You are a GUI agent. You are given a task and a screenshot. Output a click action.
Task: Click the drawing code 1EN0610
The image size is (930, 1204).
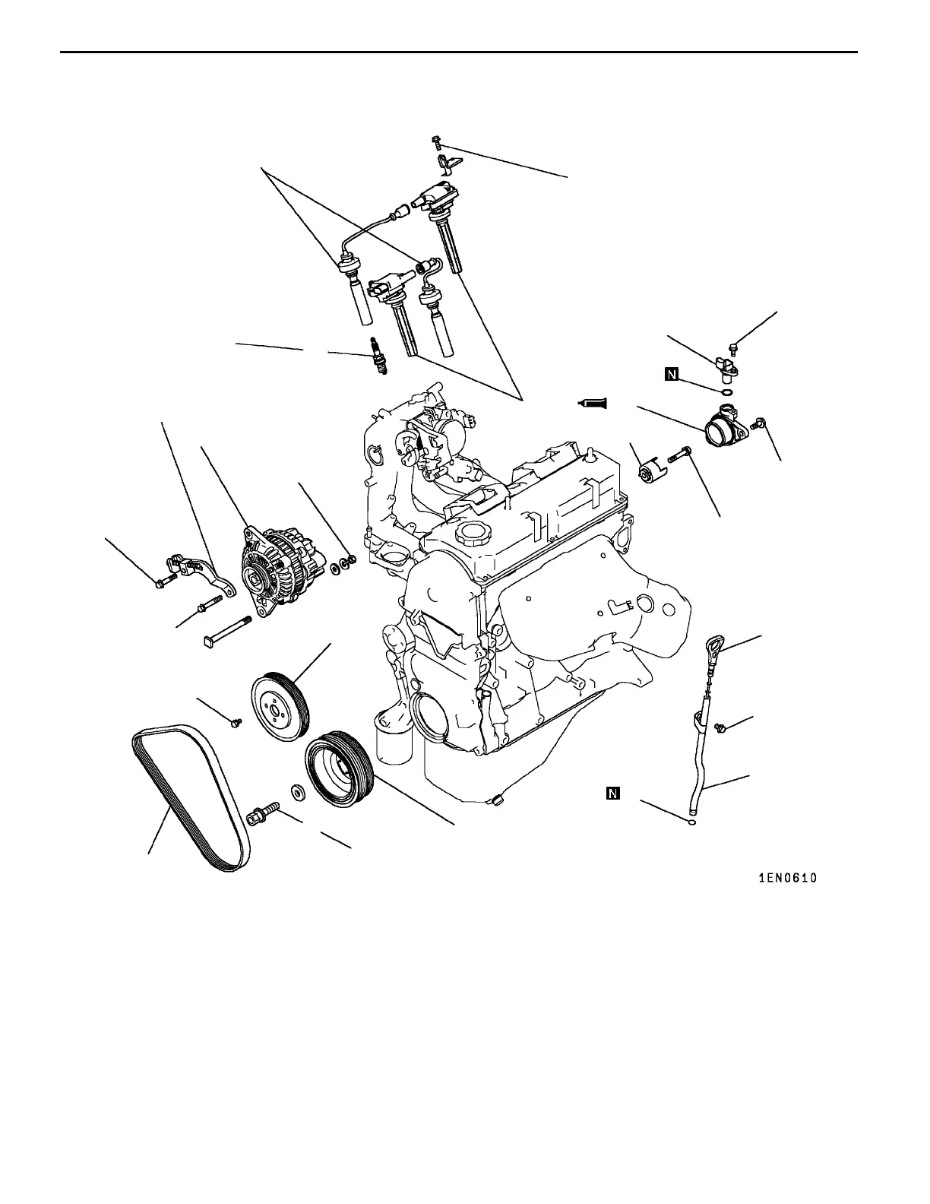[x=788, y=878]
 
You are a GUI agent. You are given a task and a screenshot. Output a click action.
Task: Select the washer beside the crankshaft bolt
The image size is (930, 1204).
[x=297, y=791]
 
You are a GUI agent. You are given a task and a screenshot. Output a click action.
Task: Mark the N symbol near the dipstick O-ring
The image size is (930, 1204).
[x=613, y=794]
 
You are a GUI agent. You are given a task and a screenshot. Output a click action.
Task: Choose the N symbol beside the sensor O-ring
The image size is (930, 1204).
[x=672, y=373]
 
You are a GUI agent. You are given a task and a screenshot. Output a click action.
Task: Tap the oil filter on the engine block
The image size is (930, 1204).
[x=392, y=738]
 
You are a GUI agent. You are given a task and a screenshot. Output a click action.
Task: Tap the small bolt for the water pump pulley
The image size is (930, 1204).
[x=236, y=721]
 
